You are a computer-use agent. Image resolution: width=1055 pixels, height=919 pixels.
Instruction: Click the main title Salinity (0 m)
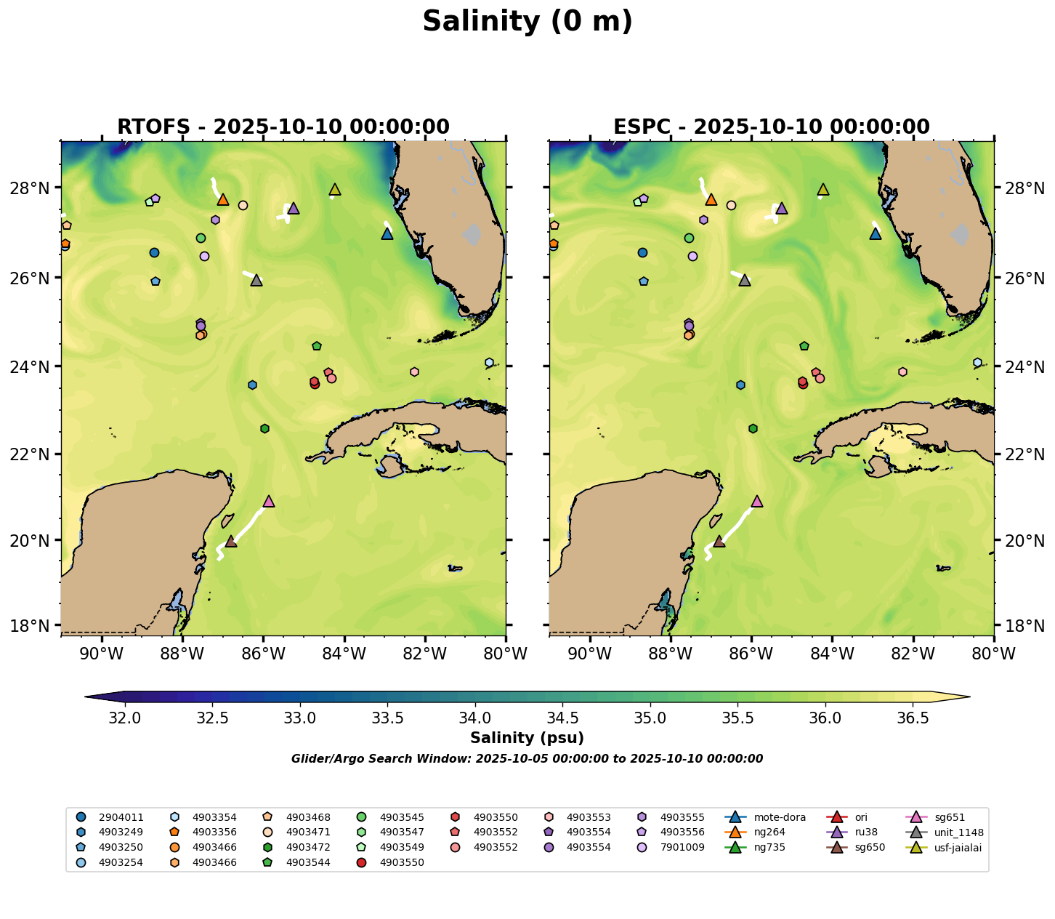tap(527, 22)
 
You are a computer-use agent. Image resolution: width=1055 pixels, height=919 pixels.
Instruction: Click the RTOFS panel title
tap(283, 127)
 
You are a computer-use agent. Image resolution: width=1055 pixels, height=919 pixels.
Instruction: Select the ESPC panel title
tap(771, 127)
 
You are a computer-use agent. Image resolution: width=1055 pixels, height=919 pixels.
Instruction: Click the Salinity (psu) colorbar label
tap(527, 739)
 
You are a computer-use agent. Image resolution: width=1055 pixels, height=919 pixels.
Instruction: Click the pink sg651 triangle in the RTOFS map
tap(269, 502)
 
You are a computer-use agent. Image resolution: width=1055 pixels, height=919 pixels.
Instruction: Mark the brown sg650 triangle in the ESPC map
tap(719, 542)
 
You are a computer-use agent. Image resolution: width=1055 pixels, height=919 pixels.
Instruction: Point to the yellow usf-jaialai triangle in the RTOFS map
tap(335, 190)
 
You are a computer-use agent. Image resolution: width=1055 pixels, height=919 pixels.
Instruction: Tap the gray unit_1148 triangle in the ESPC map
tap(745, 281)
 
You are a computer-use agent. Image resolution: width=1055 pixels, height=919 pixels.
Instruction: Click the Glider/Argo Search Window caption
tap(527, 759)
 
